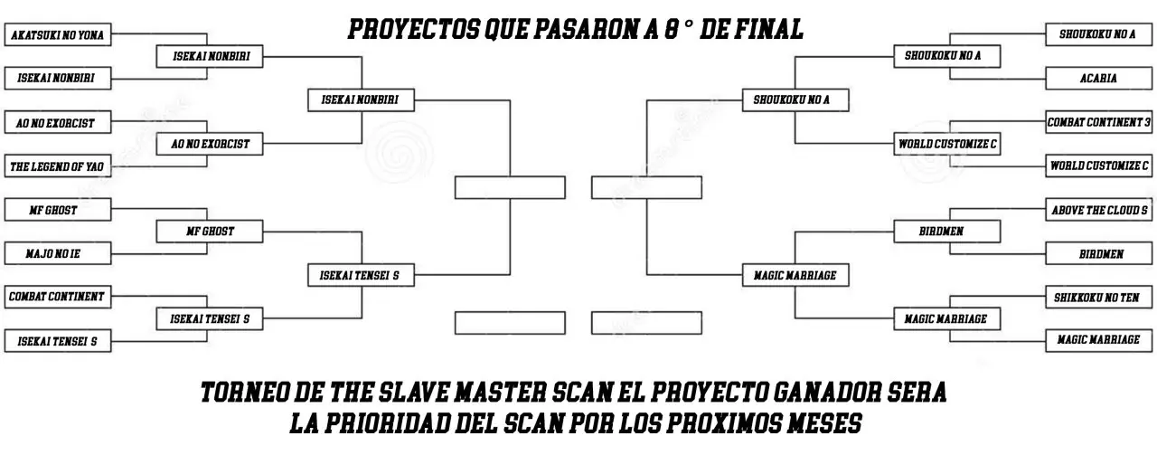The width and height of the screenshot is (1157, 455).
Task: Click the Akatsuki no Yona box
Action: [x=58, y=34]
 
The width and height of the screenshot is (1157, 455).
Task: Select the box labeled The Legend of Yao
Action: [x=58, y=166]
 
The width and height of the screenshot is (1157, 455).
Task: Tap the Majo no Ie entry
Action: [x=58, y=253]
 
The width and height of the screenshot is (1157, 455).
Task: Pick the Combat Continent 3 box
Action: [x=1098, y=122]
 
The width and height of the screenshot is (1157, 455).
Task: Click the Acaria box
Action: [x=1098, y=78]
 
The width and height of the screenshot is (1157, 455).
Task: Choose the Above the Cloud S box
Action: [x=1098, y=209]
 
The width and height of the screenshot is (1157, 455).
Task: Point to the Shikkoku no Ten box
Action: [x=1098, y=298]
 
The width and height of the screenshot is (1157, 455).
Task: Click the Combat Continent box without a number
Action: [x=58, y=297]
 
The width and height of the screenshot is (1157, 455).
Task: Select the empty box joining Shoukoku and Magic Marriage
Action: [x=646, y=187]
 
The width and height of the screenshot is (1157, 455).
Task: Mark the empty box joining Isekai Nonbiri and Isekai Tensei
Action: [x=510, y=187]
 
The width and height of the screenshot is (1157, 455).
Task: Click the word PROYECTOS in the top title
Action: [x=413, y=29]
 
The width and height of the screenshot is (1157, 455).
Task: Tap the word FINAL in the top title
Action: [x=768, y=29]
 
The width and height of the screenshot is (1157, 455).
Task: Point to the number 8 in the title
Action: [x=671, y=29]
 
